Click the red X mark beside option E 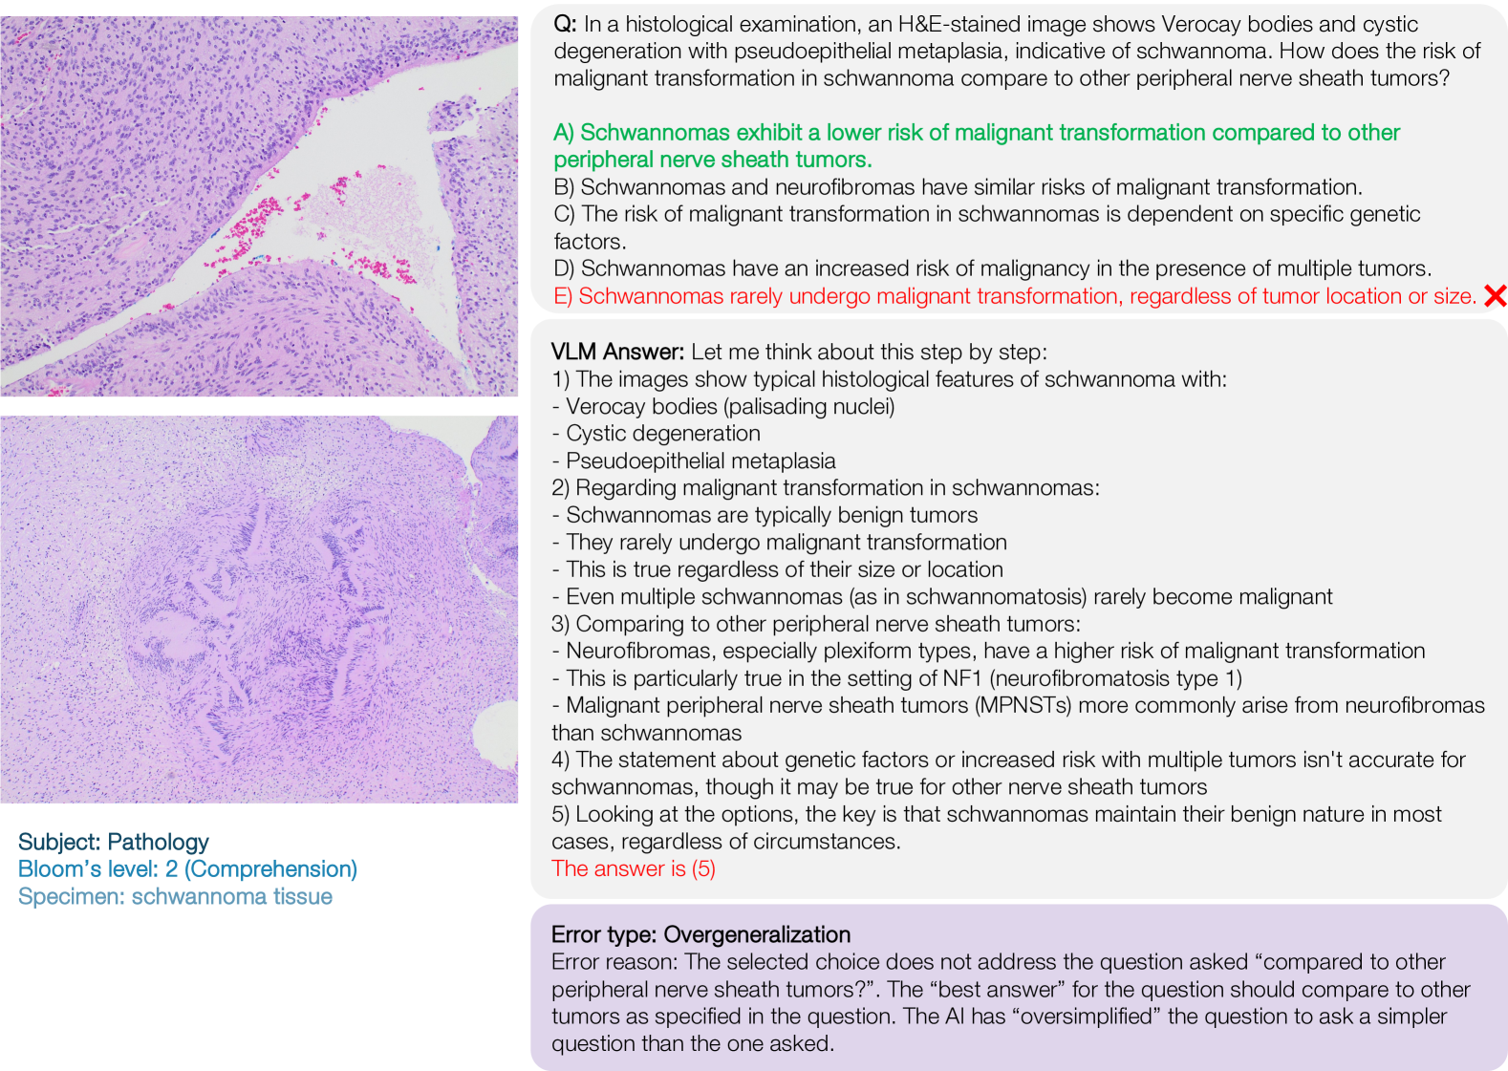pyautogui.click(x=1495, y=296)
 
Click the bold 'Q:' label pyautogui.click(x=565, y=24)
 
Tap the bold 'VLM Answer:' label pyautogui.click(x=617, y=352)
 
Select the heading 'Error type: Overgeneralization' pyautogui.click(x=700, y=934)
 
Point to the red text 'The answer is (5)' pyautogui.click(x=633, y=868)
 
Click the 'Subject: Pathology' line pyautogui.click(x=113, y=842)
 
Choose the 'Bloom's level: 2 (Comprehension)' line pyautogui.click(x=187, y=868)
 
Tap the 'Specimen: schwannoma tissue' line pyautogui.click(x=175, y=896)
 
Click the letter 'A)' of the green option pyautogui.click(x=564, y=133)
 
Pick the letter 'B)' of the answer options pyautogui.click(x=564, y=187)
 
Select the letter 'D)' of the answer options pyautogui.click(x=564, y=268)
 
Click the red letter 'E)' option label pyautogui.click(x=563, y=296)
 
